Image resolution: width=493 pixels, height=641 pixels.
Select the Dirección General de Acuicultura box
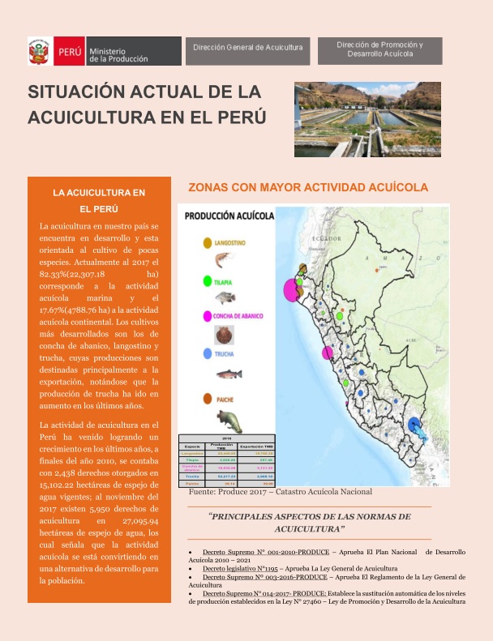click(x=247, y=48)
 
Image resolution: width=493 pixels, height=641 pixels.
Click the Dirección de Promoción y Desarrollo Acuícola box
click(x=380, y=49)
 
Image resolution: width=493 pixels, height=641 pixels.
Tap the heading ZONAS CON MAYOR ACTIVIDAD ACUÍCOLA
click(x=307, y=187)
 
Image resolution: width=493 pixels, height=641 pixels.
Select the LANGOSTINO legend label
click(x=236, y=242)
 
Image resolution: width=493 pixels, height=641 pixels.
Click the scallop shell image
click(x=222, y=335)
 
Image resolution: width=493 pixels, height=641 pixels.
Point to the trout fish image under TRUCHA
click(x=229, y=374)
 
